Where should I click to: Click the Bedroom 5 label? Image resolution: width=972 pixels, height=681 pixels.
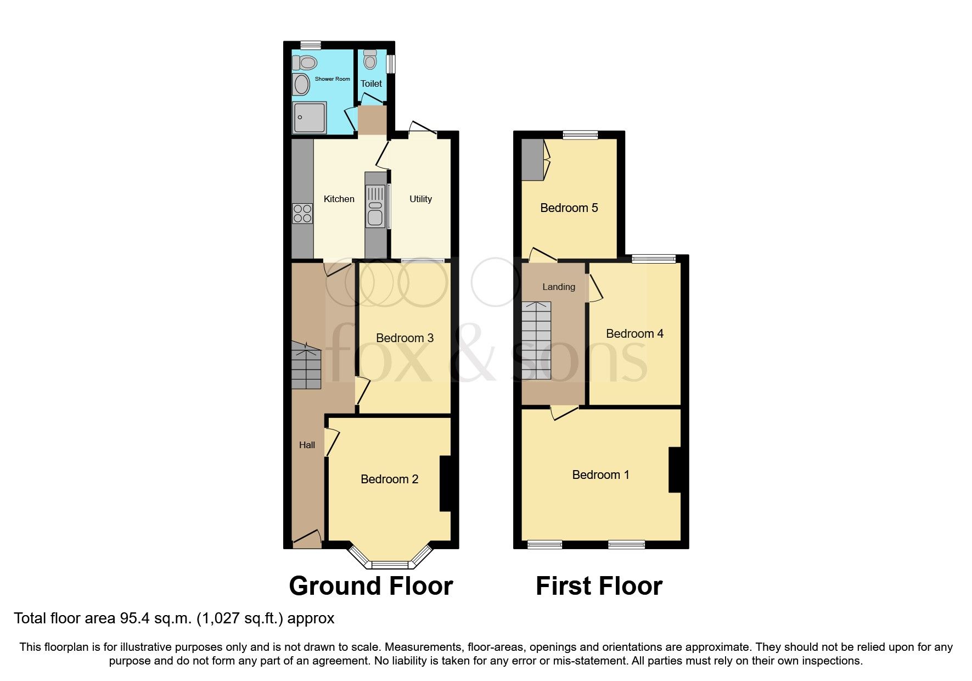[x=569, y=208]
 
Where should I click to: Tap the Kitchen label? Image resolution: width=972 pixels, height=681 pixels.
[x=339, y=199]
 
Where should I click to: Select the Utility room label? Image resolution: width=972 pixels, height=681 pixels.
[x=420, y=199]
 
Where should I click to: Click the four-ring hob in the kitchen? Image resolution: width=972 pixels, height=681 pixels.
[x=302, y=213]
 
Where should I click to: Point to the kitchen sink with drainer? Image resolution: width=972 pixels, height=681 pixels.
[x=376, y=206]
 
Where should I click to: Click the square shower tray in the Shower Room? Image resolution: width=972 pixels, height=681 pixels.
[x=310, y=117]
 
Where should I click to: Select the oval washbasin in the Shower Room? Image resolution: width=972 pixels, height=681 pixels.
[x=301, y=85]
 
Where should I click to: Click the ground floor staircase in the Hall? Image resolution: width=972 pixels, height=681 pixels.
[x=306, y=365]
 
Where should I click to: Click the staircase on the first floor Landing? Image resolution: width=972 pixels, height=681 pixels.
[x=536, y=340]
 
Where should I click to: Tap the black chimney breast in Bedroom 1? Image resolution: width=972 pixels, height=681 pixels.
[x=674, y=470]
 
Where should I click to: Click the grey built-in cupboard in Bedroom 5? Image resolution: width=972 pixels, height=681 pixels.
[x=531, y=159]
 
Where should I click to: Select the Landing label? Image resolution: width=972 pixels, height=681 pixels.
[x=558, y=287]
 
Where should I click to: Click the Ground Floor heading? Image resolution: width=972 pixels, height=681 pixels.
[x=370, y=586]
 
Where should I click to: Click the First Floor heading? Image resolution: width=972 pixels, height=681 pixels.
[x=599, y=586]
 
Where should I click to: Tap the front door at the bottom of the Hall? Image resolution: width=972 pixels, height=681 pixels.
[x=307, y=539]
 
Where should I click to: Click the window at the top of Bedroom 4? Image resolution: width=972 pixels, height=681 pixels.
[x=654, y=259]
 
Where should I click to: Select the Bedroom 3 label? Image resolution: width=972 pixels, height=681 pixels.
[x=404, y=338]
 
